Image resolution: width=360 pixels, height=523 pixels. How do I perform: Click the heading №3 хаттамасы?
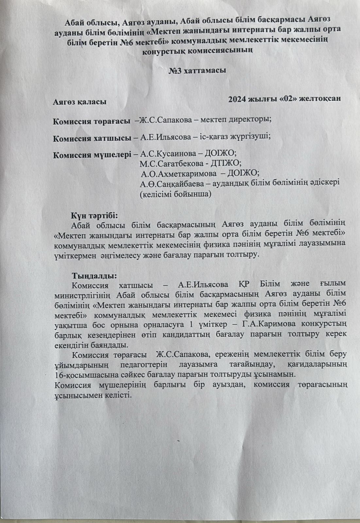click(197, 70)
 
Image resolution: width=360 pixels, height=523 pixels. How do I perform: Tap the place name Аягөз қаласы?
click(80, 102)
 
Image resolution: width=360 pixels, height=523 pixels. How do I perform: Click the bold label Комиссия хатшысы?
click(92, 138)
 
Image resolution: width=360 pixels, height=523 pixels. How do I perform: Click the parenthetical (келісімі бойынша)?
click(175, 194)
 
